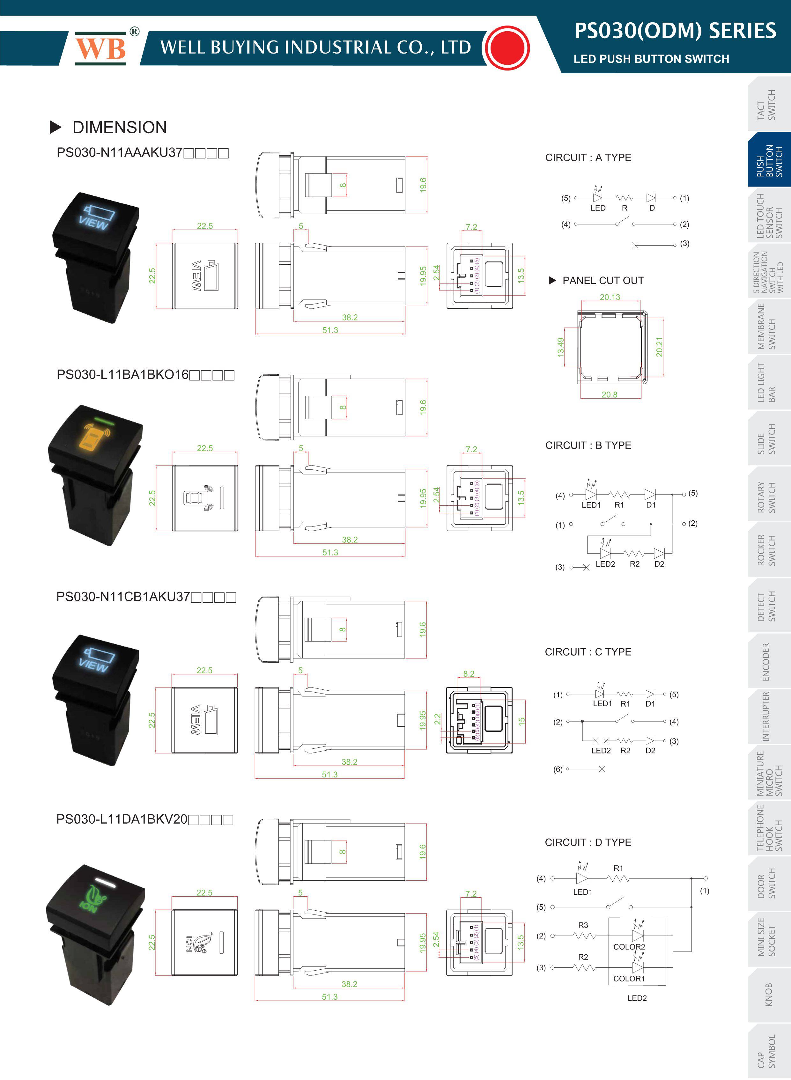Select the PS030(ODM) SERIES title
675,31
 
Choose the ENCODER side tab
766,662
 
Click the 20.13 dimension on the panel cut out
610,297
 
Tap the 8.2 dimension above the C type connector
469,673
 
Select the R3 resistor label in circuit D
583,925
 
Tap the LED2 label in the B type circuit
605,564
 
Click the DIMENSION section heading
120,127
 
